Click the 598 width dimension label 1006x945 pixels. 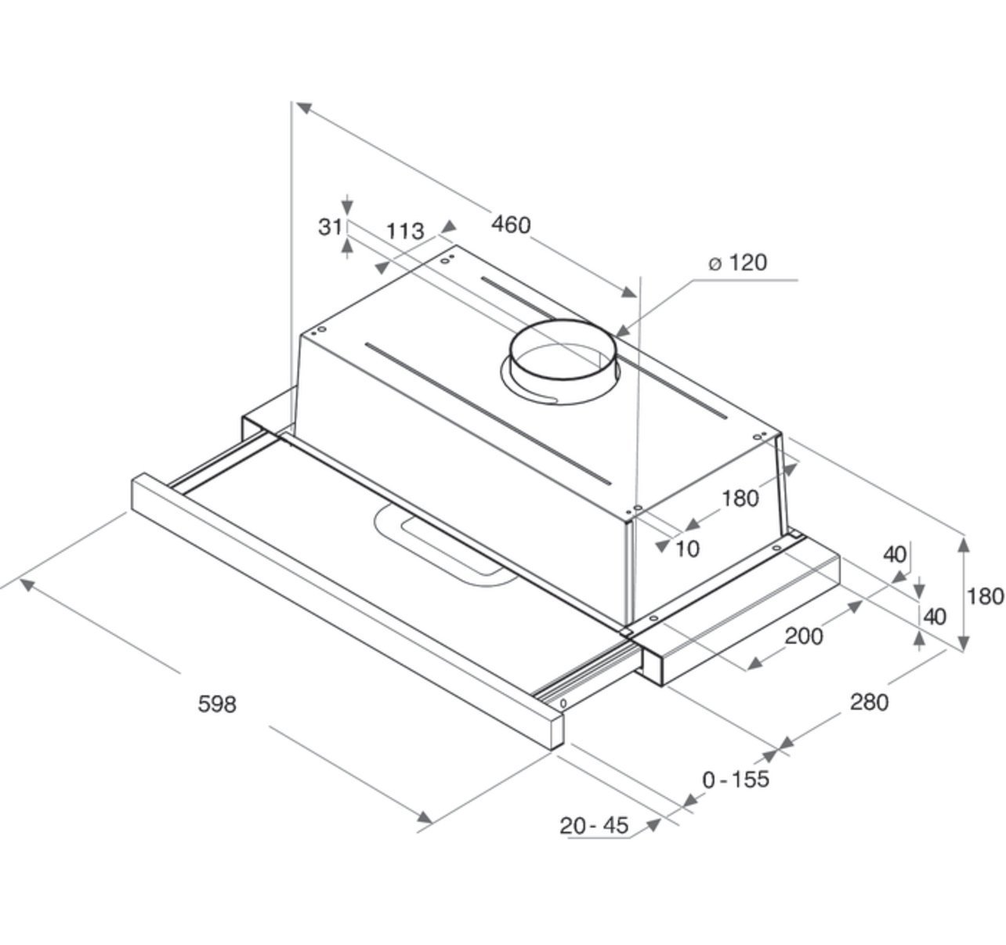coord(217,704)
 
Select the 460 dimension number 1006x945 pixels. coord(511,224)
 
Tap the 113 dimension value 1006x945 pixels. coord(405,231)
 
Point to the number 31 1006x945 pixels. coord(330,226)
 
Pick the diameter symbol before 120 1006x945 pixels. coord(715,264)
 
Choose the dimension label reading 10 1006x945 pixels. coord(687,549)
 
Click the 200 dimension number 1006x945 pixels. coord(804,636)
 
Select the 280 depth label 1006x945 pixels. coord(869,702)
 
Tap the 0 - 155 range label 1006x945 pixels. coord(736,780)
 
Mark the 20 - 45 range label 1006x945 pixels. coord(594,826)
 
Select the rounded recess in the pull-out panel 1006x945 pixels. coord(440,548)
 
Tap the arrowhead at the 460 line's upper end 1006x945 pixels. coord(304,108)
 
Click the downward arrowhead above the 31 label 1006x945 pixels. coord(346,207)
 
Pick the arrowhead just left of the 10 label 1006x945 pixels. coord(662,545)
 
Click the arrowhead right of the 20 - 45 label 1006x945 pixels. coord(653,825)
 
